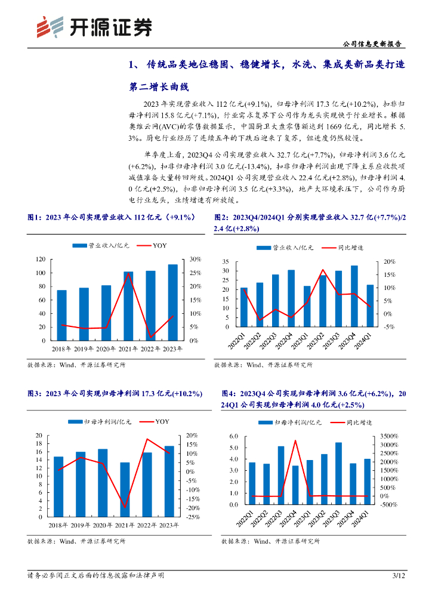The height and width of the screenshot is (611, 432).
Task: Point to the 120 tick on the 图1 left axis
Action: point(41,259)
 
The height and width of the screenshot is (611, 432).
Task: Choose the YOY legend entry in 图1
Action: point(159,245)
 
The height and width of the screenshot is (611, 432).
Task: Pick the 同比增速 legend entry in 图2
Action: point(351,247)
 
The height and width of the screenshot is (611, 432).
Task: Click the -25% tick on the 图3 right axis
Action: point(193,517)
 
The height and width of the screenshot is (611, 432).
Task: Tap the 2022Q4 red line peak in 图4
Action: point(295,441)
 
